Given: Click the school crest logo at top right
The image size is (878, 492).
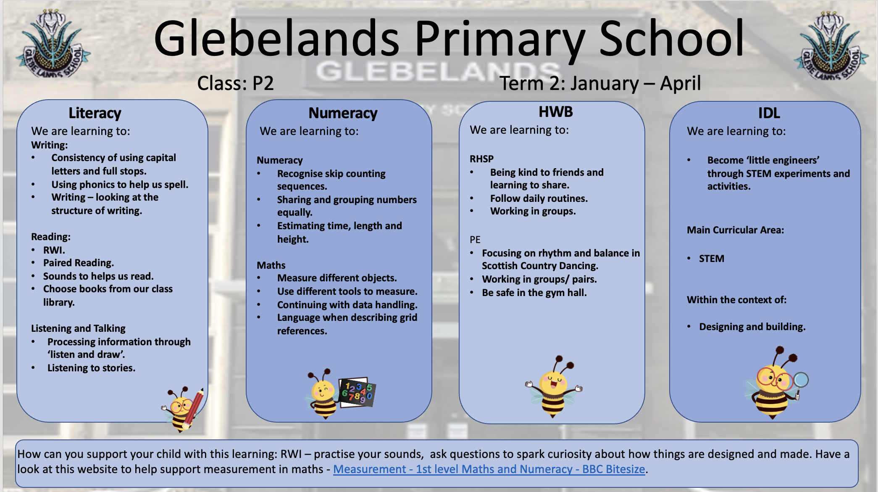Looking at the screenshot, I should (x=830, y=46).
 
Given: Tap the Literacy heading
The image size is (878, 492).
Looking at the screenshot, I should (x=95, y=113).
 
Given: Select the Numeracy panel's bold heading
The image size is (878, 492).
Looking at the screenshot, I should (x=343, y=113).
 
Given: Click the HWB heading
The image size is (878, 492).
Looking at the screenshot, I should (x=555, y=112).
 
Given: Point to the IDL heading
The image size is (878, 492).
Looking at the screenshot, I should (x=769, y=113).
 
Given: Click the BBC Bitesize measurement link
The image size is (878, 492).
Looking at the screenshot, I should (x=489, y=469).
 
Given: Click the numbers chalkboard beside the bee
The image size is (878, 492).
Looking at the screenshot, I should (x=357, y=392).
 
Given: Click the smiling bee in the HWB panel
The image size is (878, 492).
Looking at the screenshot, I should (x=554, y=387).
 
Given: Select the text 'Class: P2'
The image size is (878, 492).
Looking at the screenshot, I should (x=235, y=83).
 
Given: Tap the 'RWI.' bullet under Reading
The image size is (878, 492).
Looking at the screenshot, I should (x=54, y=250).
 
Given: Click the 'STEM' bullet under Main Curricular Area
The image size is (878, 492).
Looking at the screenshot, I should (x=711, y=259).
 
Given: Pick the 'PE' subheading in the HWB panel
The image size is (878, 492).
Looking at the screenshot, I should (x=475, y=240).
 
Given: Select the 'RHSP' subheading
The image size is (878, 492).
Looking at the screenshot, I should (x=481, y=159).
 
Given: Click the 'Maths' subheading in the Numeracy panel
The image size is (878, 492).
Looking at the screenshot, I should (x=271, y=265).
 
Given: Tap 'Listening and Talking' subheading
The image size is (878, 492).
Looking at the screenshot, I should (x=78, y=328).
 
